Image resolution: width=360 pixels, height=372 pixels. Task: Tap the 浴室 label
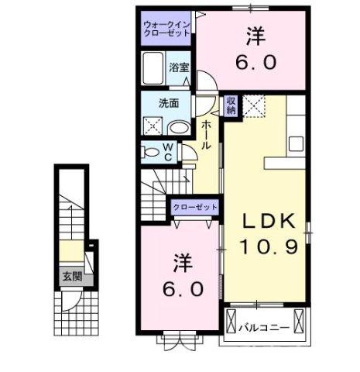[179, 67]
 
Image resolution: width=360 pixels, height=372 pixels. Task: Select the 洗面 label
[170, 103]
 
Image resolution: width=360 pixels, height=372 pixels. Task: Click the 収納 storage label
[231, 105]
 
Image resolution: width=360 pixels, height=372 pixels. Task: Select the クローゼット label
[195, 207]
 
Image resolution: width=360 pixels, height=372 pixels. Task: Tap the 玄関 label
[71, 274]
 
